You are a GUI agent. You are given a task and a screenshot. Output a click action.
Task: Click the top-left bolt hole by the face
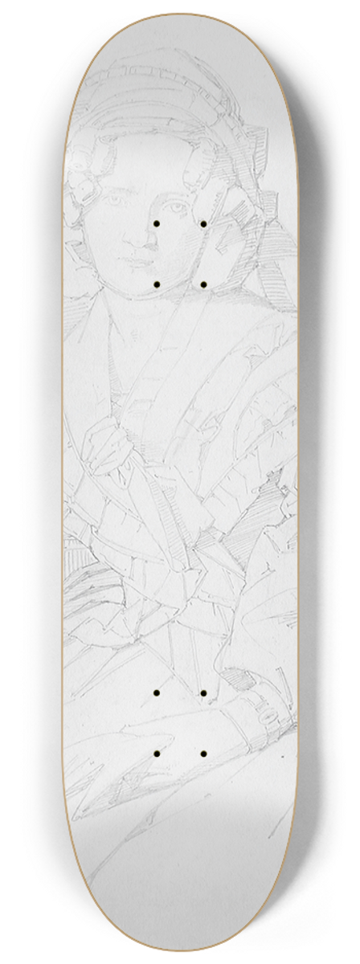pyautogui.click(x=157, y=223)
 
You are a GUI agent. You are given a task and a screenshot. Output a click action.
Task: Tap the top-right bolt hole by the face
pyautogui.click(x=204, y=223)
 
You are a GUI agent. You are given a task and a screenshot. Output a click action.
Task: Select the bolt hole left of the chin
pyautogui.click(x=157, y=284)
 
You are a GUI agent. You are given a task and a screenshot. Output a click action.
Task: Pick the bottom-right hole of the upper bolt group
pyautogui.click(x=204, y=284)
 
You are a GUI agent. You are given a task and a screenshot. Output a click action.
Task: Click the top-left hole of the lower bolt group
pyautogui.click(x=157, y=692)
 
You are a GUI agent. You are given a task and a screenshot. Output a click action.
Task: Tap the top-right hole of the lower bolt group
pyautogui.click(x=204, y=692)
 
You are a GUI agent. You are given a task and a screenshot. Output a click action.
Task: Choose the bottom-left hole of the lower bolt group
pyautogui.click(x=157, y=754)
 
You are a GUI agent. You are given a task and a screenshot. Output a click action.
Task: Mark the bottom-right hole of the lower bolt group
pyautogui.click(x=204, y=754)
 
